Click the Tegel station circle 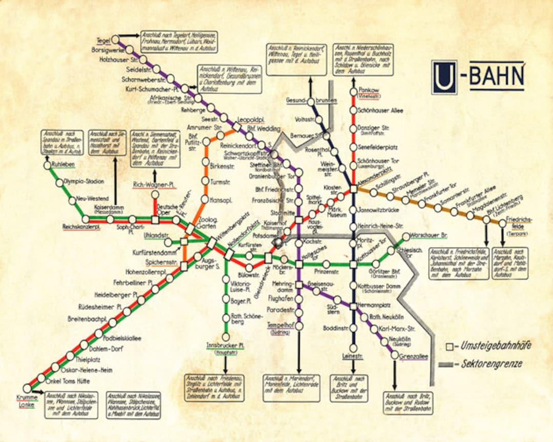pyautogui.click(x=116, y=39)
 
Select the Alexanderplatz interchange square pyautogui.click(x=353, y=189)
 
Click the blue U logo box pyautogui.click(x=443, y=77)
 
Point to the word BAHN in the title pyautogui.click(x=497, y=77)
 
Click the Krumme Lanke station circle pyautogui.click(x=27, y=388)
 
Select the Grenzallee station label pyautogui.click(x=414, y=357)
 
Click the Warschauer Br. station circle pyautogui.click(x=406, y=237)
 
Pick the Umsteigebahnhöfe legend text pyautogui.click(x=494, y=346)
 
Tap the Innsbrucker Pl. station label pyautogui.click(x=225, y=346)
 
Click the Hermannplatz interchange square pyautogui.click(x=353, y=306)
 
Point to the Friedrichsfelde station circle pyautogui.click(x=502, y=224)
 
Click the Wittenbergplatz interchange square pyautogui.click(x=211, y=243)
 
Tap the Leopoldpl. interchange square pyautogui.click(x=237, y=126)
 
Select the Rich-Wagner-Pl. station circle pyautogui.click(x=155, y=194)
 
